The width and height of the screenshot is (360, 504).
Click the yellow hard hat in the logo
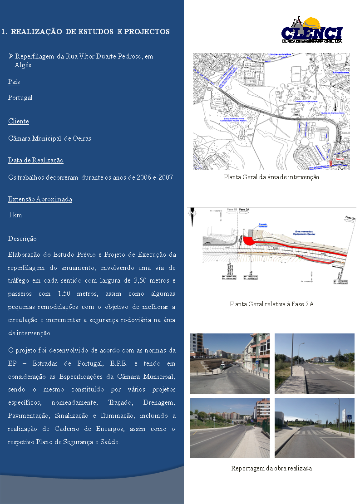click(313, 23)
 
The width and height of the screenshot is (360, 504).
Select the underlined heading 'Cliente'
click(19, 121)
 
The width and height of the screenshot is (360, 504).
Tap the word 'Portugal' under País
click(20, 98)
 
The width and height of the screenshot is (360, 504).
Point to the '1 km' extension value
click(15, 215)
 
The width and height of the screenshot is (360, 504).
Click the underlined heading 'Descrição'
click(22, 239)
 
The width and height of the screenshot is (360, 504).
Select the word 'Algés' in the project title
click(23, 65)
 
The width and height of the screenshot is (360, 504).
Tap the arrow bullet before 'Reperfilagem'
click(11, 56)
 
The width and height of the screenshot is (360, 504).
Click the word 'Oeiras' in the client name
click(82, 138)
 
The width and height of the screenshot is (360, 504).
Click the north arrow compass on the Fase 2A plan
click(193, 212)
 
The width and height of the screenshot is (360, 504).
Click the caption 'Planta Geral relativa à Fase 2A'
click(271, 304)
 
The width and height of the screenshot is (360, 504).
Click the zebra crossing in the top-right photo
click(318, 372)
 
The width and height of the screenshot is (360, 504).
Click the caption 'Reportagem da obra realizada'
click(271, 468)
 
